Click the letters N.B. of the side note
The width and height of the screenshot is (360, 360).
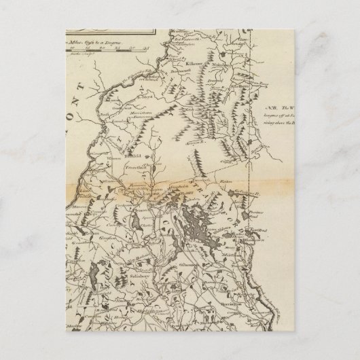[x=270, y=108]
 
